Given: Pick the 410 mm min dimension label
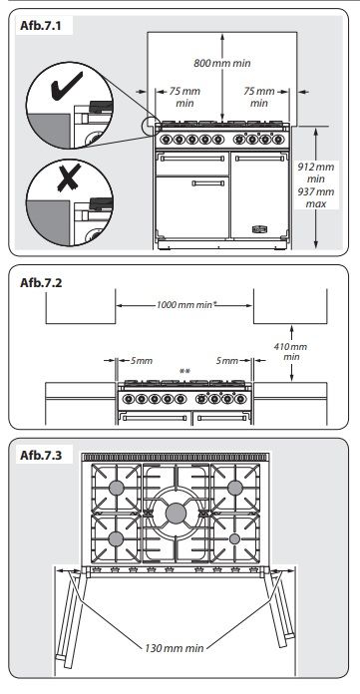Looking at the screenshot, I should point(291,350).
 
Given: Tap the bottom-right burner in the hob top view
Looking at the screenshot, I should point(235,538).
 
